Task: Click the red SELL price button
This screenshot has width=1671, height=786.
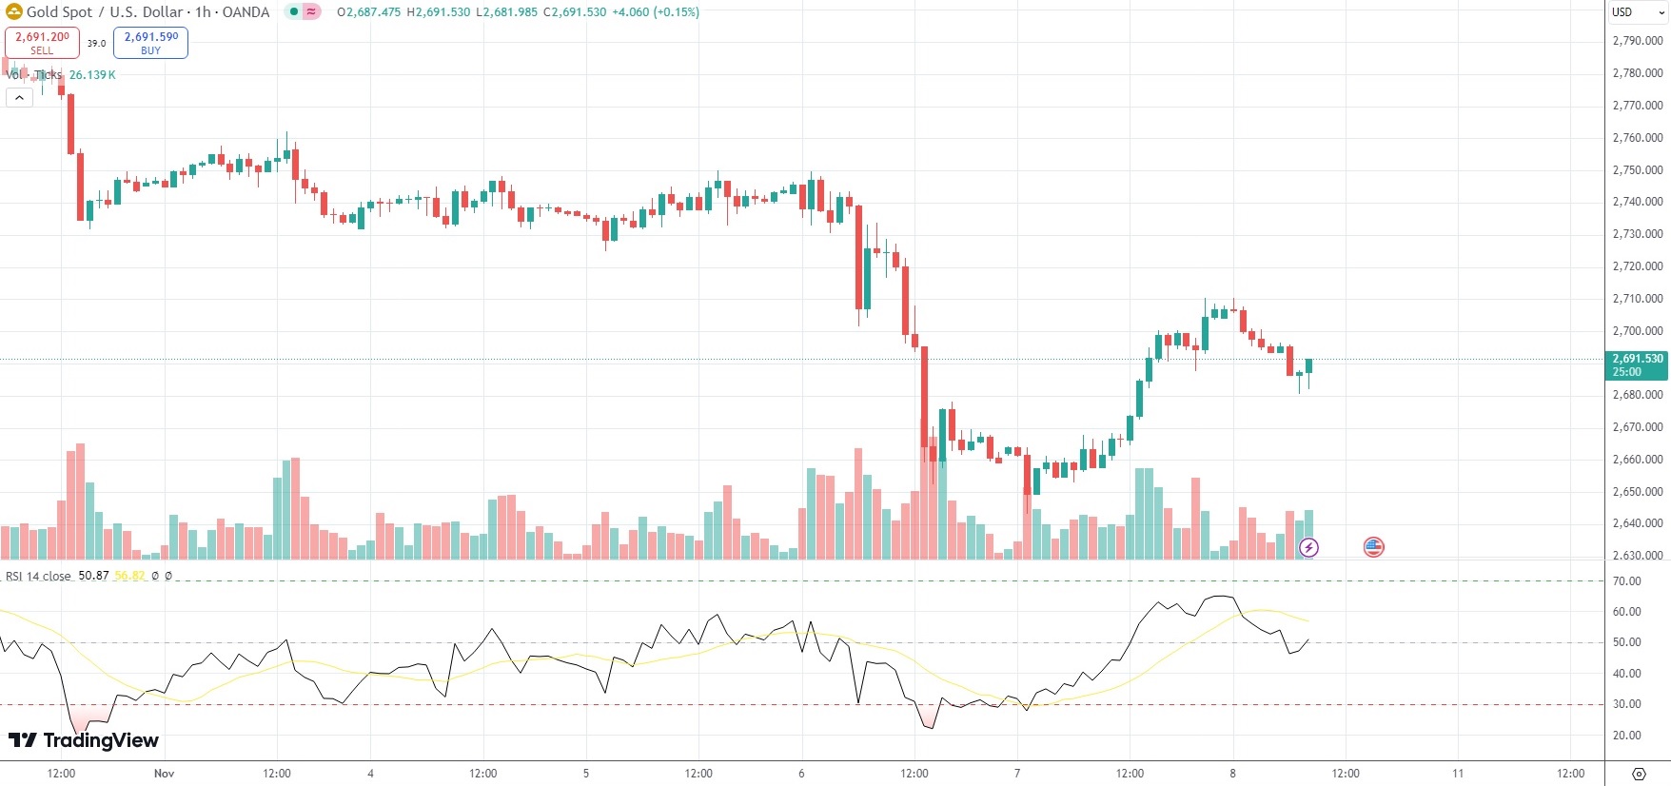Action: (x=42, y=43)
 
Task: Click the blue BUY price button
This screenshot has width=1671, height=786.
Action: (x=150, y=43)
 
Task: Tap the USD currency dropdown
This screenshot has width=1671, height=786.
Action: (x=1637, y=12)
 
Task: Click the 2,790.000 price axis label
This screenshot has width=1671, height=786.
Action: (x=1637, y=41)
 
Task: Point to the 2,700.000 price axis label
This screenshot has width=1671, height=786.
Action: (x=1637, y=331)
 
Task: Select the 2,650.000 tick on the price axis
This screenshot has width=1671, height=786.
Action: (x=1637, y=492)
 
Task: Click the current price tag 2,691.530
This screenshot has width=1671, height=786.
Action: (x=1637, y=364)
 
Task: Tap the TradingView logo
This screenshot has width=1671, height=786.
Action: (x=84, y=740)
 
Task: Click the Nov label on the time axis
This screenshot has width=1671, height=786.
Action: (x=164, y=774)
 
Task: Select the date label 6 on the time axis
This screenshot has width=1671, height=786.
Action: (x=801, y=774)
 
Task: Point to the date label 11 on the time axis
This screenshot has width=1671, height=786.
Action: (x=1457, y=774)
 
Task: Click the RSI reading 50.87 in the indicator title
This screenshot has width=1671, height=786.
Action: (x=93, y=576)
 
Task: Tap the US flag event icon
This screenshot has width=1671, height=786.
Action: (x=1373, y=547)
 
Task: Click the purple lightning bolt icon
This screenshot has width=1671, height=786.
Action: (x=1309, y=547)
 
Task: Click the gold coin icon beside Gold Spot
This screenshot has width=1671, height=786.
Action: (x=14, y=12)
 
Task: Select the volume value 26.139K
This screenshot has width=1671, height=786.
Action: (x=92, y=75)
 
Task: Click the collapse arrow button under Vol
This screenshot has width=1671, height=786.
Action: (x=19, y=97)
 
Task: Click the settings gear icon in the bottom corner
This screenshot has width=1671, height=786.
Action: (x=1638, y=774)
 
